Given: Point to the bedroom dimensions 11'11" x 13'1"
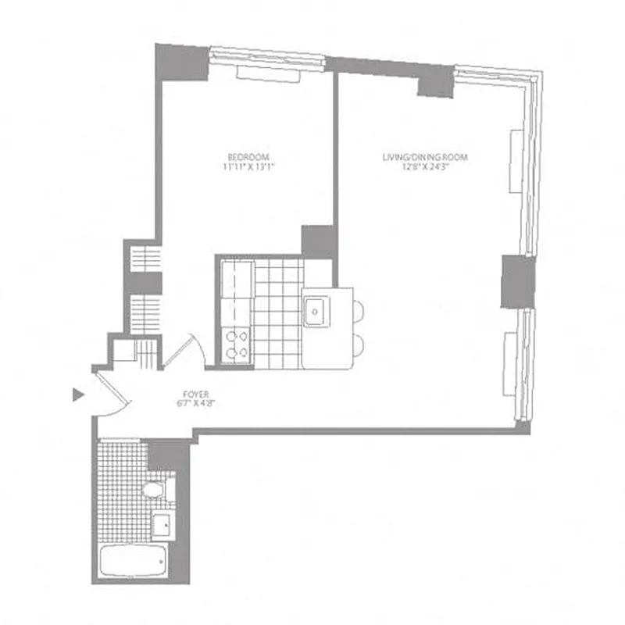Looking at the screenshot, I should (249, 166).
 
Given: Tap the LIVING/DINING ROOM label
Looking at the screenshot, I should (424, 157).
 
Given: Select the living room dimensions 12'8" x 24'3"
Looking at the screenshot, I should (424, 166).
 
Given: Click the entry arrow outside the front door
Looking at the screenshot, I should (77, 395).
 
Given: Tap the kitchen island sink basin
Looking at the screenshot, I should (316, 312).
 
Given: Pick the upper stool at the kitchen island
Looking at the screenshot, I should (359, 311).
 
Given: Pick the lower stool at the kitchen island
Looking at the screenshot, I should (359, 345).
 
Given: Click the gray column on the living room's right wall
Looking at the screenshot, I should (516, 281).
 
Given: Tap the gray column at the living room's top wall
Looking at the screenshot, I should (435, 80).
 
